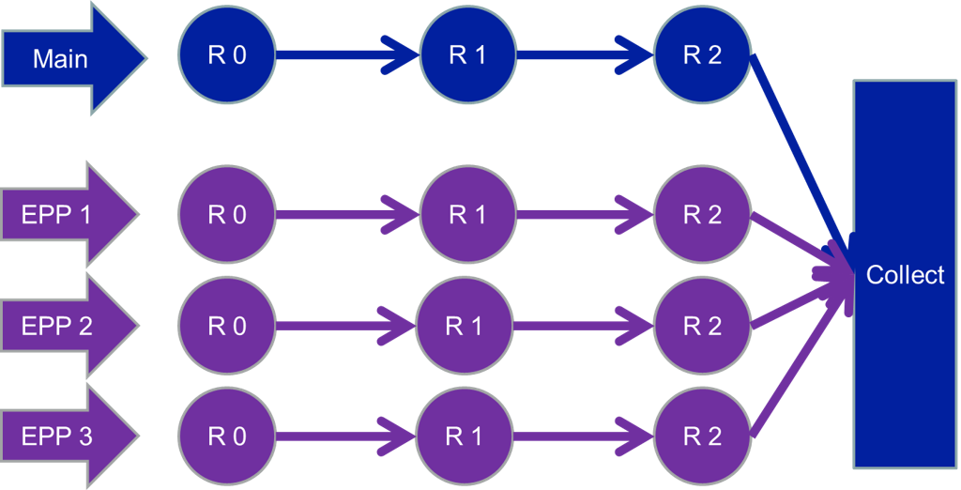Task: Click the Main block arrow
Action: [73, 58]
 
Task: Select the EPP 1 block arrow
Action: [69, 214]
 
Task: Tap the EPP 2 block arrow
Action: [69, 325]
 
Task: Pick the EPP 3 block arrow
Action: [69, 436]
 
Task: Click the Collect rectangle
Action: [905, 274]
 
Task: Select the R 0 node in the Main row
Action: [227, 55]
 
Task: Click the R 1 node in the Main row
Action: [468, 55]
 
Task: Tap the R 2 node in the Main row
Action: [702, 55]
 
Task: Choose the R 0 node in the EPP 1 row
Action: [227, 215]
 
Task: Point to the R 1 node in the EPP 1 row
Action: [468, 215]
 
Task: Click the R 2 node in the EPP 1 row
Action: [702, 215]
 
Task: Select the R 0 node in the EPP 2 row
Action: [227, 326]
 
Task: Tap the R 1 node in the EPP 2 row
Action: [465, 326]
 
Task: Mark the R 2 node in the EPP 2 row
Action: [702, 326]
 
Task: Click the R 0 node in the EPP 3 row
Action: [227, 436]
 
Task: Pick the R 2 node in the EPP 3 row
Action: [702, 436]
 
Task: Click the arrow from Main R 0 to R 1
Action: [348, 55]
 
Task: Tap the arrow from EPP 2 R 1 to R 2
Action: [584, 326]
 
